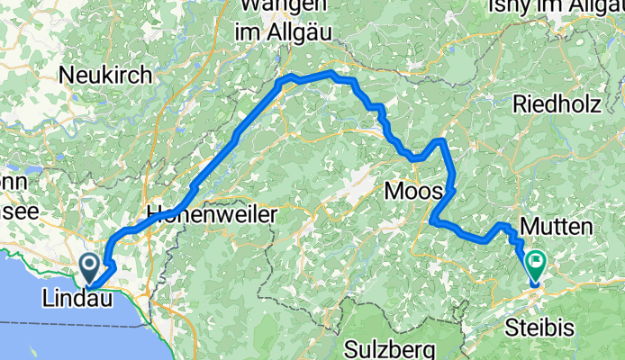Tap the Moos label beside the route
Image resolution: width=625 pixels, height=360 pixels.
click(412, 191)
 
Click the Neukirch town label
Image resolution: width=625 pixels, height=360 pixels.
click(105, 76)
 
